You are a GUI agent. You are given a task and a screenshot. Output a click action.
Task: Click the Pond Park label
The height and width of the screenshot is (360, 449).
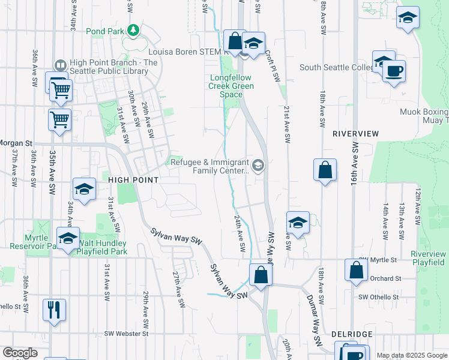[x=104, y=31]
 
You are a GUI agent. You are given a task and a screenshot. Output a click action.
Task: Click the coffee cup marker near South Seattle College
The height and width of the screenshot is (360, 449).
[x=394, y=71]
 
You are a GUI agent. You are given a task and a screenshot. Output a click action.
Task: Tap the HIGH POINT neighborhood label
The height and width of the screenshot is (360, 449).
[x=133, y=180]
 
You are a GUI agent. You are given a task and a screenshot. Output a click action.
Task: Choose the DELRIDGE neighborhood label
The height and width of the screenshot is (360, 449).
[x=352, y=334]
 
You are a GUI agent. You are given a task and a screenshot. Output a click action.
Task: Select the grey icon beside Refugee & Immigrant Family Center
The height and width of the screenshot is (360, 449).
[x=258, y=165]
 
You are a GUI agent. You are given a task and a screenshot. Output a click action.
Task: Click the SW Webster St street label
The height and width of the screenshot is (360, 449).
[x=125, y=334]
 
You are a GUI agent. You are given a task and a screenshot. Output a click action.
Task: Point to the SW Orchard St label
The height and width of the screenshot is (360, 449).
[x=385, y=278]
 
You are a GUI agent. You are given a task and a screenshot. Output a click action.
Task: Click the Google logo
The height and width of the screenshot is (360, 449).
[x=20, y=353]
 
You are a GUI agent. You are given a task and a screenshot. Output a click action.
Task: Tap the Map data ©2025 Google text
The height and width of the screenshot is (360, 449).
[x=411, y=355]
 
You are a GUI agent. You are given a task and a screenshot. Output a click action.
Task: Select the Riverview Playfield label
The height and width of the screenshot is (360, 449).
[x=428, y=258]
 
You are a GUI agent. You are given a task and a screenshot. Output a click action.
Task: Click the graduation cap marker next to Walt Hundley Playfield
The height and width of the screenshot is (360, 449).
[x=68, y=239]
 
